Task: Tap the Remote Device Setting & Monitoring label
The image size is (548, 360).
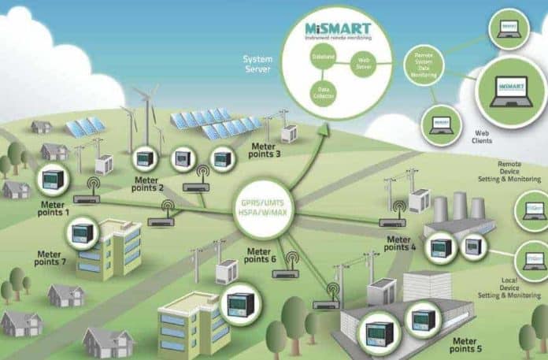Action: [x=513, y=173]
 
